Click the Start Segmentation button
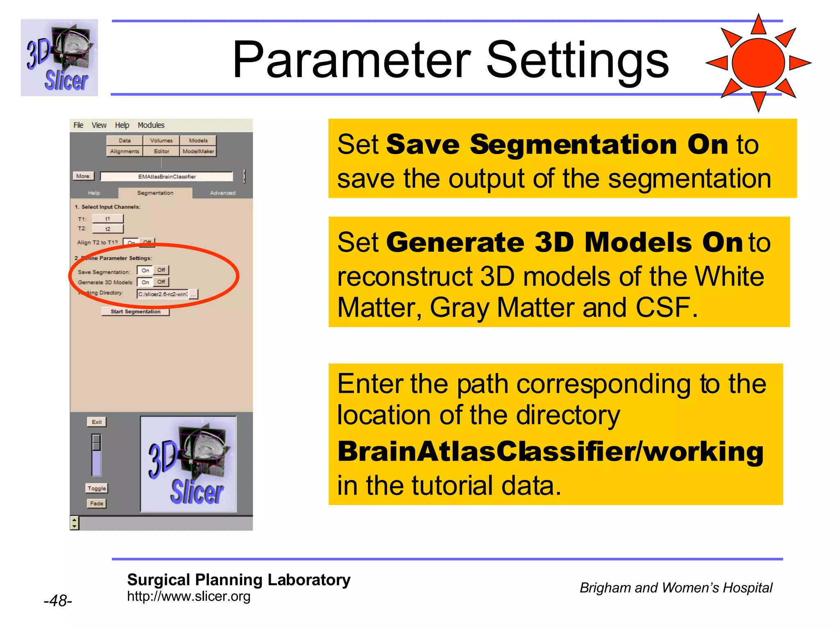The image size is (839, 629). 135,312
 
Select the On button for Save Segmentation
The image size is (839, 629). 145,270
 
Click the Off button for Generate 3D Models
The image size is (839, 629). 161,282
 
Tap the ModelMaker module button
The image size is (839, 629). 198,152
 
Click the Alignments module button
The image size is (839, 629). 125,152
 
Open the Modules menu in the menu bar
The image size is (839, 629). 151,125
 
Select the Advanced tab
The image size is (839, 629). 222,193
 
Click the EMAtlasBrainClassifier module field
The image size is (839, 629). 167,176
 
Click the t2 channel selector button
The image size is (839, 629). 108,229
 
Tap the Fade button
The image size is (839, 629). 97,503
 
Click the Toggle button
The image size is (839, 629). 97,488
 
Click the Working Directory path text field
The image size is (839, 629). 163,294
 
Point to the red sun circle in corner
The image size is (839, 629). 758,63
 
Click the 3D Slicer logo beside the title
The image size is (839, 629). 59,58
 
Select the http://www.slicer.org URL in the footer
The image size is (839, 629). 188,596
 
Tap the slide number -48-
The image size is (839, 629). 58,601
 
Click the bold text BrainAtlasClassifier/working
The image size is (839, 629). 550,451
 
